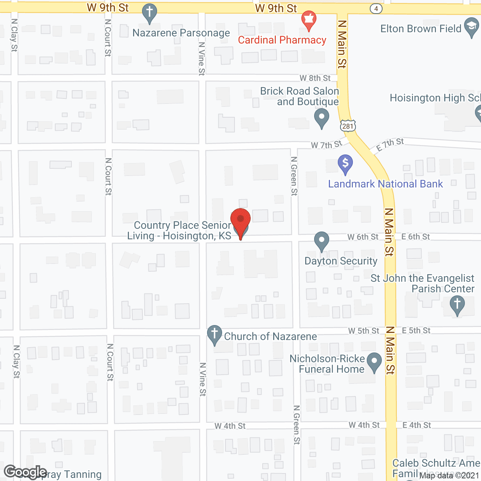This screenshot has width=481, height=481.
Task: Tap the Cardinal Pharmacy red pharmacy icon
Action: pos(309,20)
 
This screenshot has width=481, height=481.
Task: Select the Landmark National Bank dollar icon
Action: pos(345,164)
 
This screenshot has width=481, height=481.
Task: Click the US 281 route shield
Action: pos(348,126)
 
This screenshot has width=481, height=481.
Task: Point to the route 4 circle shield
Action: pos(376,8)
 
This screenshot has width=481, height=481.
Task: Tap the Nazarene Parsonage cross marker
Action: pos(149,13)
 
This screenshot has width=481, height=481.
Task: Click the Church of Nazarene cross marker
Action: pos(215,334)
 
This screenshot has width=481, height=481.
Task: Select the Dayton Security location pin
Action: pos(321,240)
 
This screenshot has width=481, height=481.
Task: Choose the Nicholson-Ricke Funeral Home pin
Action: pos(374,362)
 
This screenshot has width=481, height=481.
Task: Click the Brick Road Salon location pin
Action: pos(321,117)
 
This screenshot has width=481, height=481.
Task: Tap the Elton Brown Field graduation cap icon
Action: pos(471,27)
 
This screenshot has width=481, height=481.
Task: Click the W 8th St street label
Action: pos(315,78)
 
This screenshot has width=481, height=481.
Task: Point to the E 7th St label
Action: pos(390,144)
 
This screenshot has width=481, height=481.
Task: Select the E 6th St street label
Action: pos(416,237)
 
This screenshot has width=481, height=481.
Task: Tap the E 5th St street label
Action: pos(416,331)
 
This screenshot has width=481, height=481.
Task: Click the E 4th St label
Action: pos(417,425)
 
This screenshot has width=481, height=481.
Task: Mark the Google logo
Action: pos(25,472)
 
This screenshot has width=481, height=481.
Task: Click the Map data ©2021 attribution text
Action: pos(449,476)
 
